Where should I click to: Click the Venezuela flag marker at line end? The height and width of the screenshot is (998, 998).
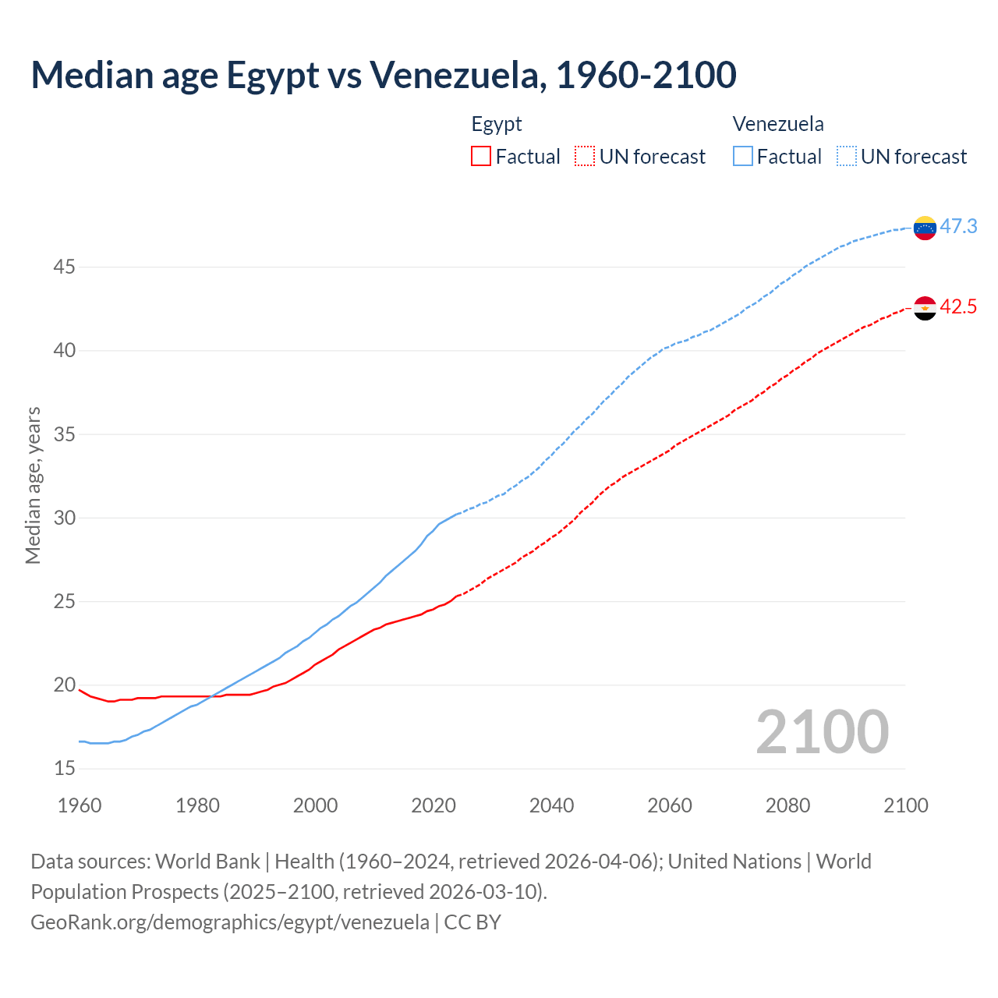point(925,228)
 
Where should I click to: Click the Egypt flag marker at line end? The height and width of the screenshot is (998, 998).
point(925,308)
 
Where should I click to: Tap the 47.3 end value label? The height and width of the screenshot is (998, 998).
point(958,226)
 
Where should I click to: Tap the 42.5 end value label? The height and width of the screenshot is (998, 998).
point(958,306)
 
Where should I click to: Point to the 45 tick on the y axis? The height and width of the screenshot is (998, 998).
point(64,267)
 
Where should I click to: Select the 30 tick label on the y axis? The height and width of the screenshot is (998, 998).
point(64,518)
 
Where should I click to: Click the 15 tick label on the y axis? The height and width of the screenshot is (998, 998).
point(64,769)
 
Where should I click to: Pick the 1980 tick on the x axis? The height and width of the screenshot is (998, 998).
point(197,805)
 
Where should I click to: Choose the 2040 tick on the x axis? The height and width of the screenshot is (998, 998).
point(551,805)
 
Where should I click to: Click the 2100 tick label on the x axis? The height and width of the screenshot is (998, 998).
point(905,805)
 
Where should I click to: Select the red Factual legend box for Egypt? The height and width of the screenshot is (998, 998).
point(481,157)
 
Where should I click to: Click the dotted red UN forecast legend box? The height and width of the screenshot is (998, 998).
point(585,157)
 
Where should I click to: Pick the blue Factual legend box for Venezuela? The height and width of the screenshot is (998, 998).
point(743,157)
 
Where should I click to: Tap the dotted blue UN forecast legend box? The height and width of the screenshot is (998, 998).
point(846,157)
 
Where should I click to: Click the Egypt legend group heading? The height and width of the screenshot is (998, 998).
point(497,124)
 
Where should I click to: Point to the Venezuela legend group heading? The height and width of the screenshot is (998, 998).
point(778,124)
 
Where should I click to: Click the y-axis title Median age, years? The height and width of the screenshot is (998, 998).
point(33,485)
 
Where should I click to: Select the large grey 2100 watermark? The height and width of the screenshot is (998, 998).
point(822,731)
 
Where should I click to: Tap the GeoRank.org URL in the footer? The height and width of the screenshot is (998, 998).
point(230,922)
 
